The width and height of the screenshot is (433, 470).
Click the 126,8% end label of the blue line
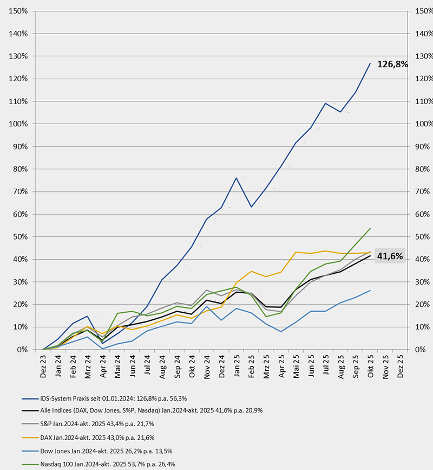392,64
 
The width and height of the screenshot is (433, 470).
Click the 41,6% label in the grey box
390,256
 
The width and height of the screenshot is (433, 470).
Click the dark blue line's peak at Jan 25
237,178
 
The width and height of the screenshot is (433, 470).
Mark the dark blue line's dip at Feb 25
251,207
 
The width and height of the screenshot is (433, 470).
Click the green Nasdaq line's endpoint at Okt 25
370,228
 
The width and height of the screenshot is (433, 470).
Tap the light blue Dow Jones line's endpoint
370,290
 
